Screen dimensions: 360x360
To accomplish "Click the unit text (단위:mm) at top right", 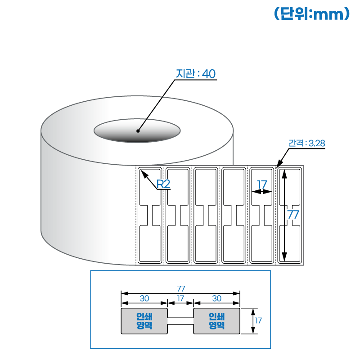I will click(x=311, y=14).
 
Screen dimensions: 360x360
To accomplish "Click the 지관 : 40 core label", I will click(x=196, y=74).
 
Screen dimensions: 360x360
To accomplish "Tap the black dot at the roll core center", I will click(x=138, y=131).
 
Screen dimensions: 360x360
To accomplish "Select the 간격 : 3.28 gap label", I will click(x=306, y=144).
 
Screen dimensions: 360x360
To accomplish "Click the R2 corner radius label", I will click(x=163, y=184).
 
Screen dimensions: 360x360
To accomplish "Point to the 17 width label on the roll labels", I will click(x=262, y=184).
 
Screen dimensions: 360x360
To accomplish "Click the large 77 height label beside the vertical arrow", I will click(x=293, y=215).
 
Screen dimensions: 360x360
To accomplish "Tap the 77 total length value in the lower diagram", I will click(x=181, y=288).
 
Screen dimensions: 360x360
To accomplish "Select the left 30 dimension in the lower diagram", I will click(x=144, y=298).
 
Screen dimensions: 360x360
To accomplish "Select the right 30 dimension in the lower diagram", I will click(x=216, y=298).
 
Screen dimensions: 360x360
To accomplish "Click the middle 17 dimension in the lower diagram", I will click(x=180, y=298).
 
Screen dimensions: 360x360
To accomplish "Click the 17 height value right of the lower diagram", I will click(x=258, y=321).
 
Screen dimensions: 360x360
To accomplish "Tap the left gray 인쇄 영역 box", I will click(x=144, y=321).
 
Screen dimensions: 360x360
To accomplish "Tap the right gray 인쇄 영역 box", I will click(x=216, y=321).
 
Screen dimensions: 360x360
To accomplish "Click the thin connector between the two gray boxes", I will click(x=180, y=321).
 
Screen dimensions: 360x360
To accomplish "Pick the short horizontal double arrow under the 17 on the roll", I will click(x=262, y=192).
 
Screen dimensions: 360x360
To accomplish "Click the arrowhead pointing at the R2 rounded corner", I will click(x=144, y=173).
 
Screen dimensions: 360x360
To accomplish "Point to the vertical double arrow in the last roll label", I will click(x=284, y=215).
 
